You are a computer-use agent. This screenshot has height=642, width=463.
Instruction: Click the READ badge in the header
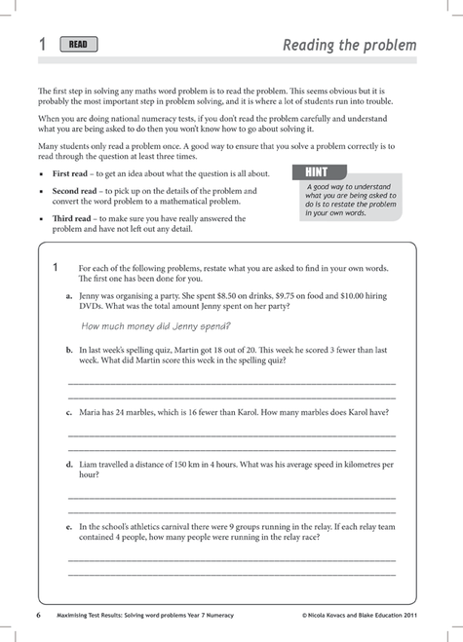tap(79, 44)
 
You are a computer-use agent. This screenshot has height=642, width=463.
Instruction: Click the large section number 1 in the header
tap(42, 44)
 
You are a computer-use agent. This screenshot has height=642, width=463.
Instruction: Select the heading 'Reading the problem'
tap(349, 45)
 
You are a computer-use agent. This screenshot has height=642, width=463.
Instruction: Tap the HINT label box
tap(318, 172)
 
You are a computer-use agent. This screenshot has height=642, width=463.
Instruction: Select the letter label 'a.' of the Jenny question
tap(69, 294)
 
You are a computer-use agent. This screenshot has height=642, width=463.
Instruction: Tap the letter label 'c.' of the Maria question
tap(69, 412)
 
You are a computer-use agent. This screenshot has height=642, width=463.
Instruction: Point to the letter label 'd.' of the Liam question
tap(69, 465)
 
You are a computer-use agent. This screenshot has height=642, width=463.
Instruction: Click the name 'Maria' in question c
tap(92, 412)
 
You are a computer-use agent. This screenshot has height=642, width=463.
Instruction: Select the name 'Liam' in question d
tap(90, 465)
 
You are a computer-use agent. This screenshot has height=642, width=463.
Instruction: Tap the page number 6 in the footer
tap(38, 616)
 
